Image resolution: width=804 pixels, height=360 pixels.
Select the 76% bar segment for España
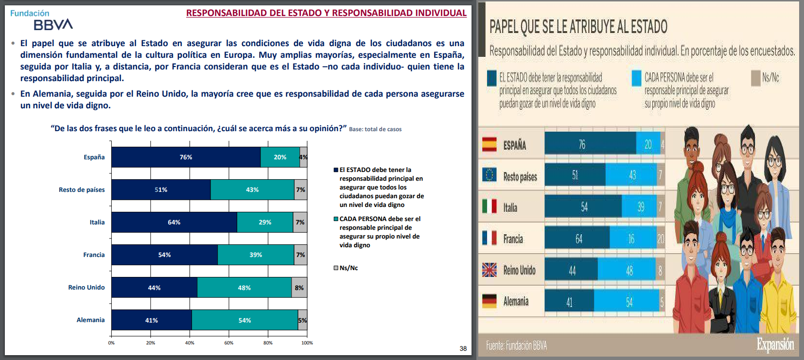click(x=186, y=157)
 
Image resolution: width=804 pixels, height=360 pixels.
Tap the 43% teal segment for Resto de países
click(x=252, y=190)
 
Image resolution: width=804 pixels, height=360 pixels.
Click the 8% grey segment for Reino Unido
click(x=299, y=288)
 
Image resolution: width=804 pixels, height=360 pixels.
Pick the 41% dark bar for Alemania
click(x=151, y=320)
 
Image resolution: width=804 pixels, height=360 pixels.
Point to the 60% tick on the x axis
click(x=229, y=343)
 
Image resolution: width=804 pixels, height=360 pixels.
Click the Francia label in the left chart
click(x=94, y=255)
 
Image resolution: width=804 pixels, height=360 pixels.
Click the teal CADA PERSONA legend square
click(x=336, y=219)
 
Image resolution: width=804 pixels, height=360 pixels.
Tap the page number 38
click(x=463, y=348)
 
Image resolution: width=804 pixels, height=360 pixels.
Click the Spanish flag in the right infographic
click(x=489, y=145)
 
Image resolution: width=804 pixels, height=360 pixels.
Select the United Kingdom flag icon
click(x=489, y=270)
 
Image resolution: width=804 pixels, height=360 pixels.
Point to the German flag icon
click(x=489, y=301)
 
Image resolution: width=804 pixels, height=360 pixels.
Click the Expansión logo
click(x=775, y=344)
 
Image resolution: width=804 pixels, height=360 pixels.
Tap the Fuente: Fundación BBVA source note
click(x=516, y=345)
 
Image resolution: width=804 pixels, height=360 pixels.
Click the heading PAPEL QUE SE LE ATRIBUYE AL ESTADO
click(x=578, y=27)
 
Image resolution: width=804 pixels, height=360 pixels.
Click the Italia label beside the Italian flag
click(x=510, y=208)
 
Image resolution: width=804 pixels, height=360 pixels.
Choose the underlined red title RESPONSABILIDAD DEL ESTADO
click(x=326, y=13)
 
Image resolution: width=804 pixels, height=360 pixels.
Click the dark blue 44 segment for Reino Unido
click(x=571, y=270)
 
